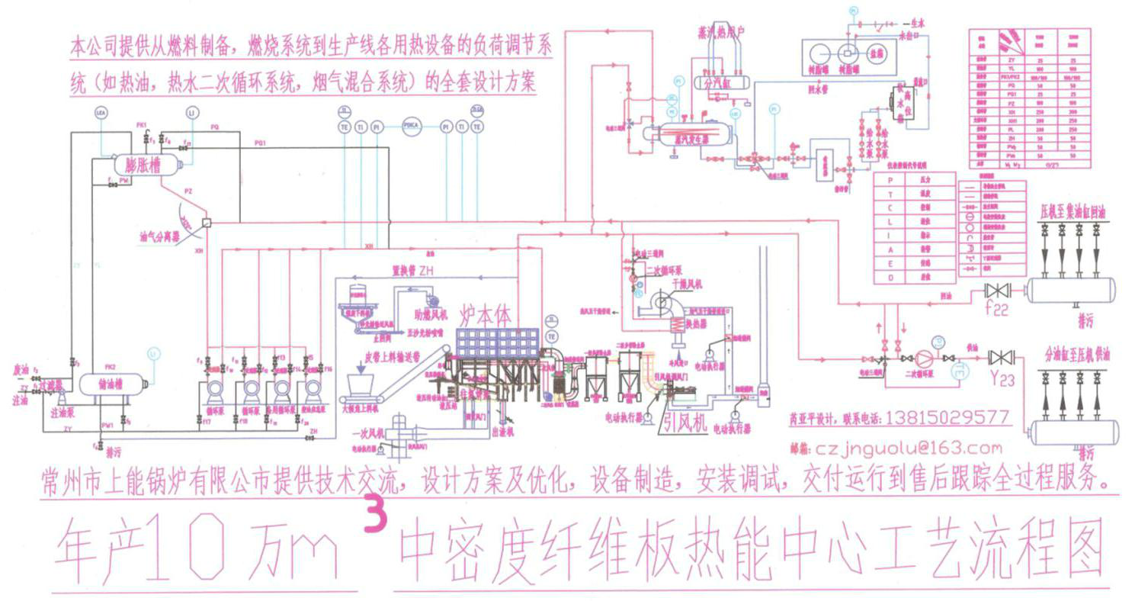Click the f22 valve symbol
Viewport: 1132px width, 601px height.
996,291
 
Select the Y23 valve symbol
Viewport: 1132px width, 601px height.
996,358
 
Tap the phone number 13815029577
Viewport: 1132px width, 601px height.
944,418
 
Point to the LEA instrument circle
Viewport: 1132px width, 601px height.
101,113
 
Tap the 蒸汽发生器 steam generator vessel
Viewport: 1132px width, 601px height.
689,137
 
